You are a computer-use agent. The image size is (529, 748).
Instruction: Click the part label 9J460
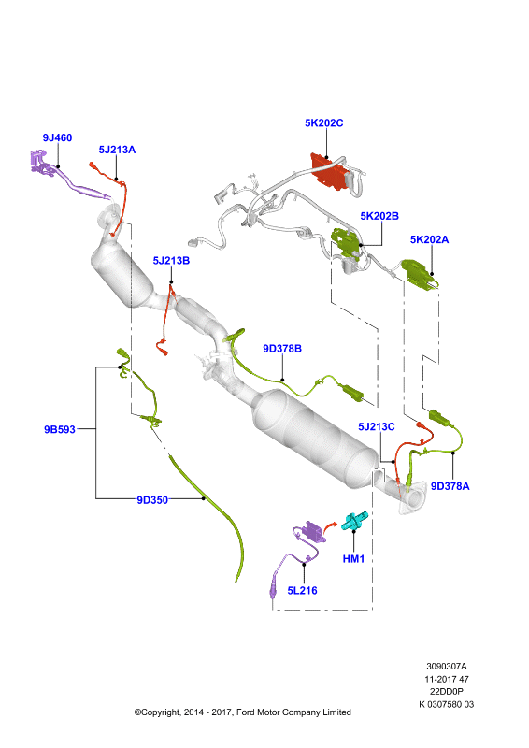click(57, 137)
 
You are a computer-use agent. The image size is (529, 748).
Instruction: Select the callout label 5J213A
click(117, 150)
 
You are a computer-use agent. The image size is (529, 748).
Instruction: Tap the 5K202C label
click(324, 123)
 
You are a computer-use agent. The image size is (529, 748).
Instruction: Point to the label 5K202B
click(379, 216)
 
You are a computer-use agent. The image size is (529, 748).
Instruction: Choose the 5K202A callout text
click(429, 239)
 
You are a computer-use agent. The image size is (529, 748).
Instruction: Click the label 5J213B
click(171, 261)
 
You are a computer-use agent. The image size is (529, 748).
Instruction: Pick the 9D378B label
click(282, 349)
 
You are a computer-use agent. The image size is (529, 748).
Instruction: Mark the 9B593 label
click(60, 429)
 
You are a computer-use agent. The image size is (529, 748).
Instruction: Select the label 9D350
click(152, 500)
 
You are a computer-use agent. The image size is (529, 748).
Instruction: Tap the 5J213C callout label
click(377, 426)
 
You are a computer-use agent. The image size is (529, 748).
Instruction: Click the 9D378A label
click(450, 486)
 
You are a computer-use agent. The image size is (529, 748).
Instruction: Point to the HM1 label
click(353, 558)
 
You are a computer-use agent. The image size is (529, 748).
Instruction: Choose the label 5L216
click(302, 591)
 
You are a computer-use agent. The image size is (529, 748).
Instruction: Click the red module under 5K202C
click(329, 171)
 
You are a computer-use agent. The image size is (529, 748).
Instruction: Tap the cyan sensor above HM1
click(355, 521)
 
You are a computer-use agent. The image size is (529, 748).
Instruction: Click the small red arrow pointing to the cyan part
click(330, 526)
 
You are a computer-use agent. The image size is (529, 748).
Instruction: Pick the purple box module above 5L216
click(314, 530)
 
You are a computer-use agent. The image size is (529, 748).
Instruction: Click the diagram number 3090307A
click(447, 666)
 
